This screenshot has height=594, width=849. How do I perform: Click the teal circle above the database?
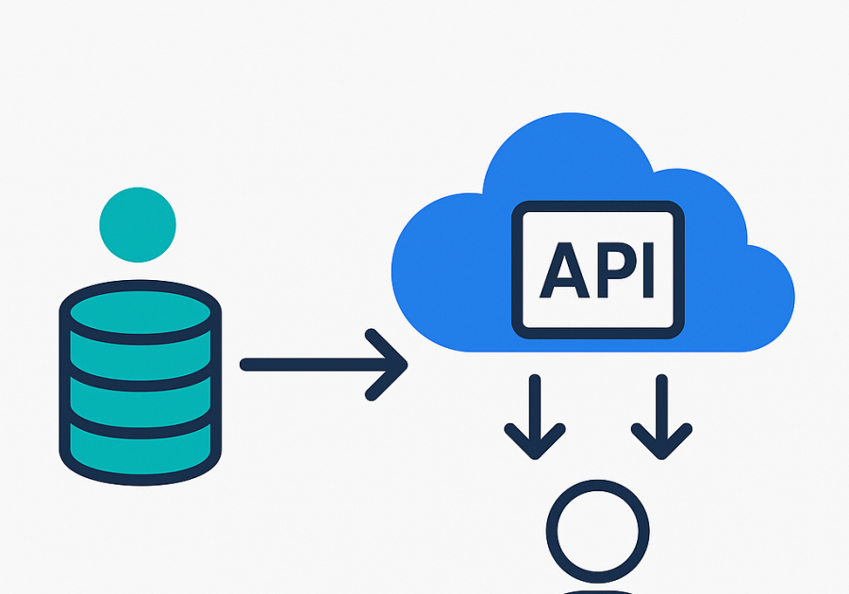[x=138, y=225]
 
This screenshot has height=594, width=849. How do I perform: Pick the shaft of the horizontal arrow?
[x=311, y=364]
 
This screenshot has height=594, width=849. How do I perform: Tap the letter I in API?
[x=645, y=269]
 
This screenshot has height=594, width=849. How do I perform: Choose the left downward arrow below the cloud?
[x=535, y=415]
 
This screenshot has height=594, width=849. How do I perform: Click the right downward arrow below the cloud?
[x=661, y=415]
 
